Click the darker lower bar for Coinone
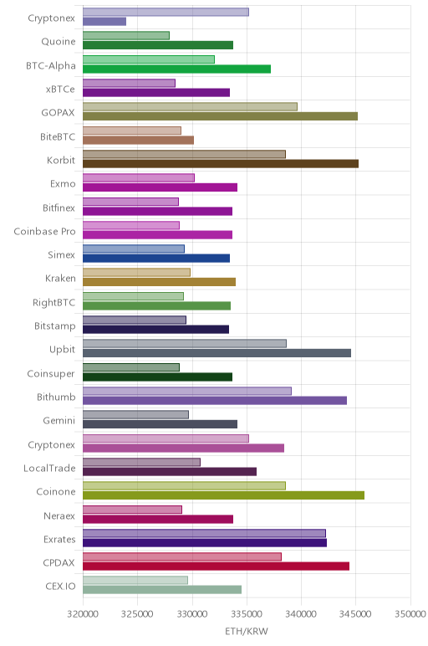tap(223, 495)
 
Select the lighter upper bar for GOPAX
tap(190, 107)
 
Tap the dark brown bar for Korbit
tap(221, 163)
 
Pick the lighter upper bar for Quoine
tap(126, 36)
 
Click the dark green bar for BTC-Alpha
tap(176, 69)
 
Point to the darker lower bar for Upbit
tap(217, 353)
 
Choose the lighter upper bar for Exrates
tap(204, 533)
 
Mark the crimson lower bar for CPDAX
tap(216, 566)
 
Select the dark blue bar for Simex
tap(156, 259)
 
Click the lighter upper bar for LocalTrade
tap(141, 462)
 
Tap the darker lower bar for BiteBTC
tap(138, 140)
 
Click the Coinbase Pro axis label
tap(45, 232)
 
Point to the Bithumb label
tap(56, 397)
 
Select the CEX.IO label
tap(60, 587)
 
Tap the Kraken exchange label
tap(60, 279)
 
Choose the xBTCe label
tap(60, 90)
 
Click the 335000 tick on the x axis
tap(247, 614)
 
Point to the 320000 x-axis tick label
tap(83, 614)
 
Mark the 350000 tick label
tap(410, 614)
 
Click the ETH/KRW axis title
tap(247, 631)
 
